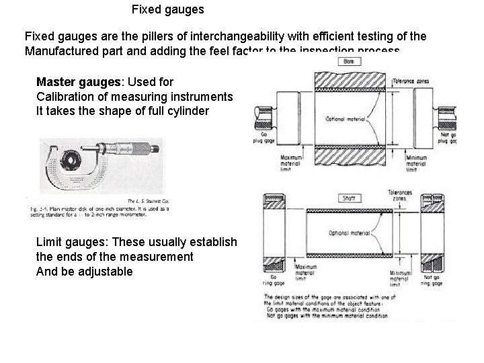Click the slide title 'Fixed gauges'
(168, 10)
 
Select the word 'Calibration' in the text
(64, 96)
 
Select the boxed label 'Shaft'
(348, 198)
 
